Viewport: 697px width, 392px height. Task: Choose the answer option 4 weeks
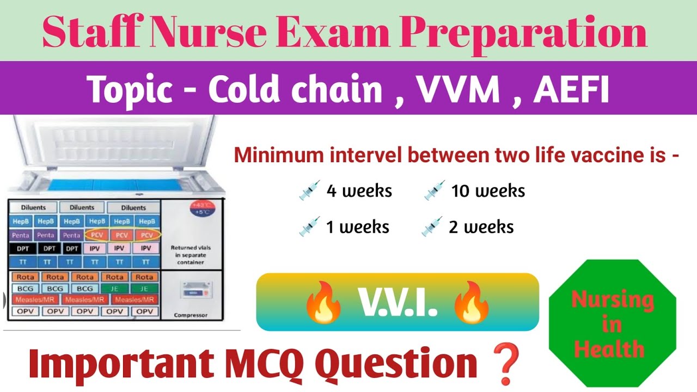pos(359,191)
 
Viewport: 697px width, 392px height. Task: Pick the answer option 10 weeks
pos(488,191)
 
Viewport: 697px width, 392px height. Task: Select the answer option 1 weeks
pos(357,226)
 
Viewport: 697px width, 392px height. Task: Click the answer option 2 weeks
pos(481,226)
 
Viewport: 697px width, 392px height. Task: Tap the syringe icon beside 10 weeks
pos(435,191)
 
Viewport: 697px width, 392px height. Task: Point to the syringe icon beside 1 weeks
pos(309,226)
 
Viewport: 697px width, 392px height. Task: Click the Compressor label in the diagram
pos(191,315)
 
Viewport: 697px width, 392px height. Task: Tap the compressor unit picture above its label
pos(192,290)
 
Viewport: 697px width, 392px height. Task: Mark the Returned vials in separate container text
pos(191,255)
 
